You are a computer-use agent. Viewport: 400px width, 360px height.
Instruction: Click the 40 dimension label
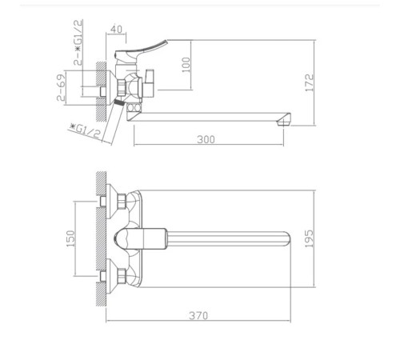116,29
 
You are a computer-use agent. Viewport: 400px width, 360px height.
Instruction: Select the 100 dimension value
186,65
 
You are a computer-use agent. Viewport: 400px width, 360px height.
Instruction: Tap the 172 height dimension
310,82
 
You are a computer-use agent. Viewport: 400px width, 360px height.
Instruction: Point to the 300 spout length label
206,139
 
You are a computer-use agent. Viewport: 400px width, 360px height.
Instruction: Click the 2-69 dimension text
61,87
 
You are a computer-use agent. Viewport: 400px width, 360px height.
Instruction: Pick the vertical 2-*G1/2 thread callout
78,42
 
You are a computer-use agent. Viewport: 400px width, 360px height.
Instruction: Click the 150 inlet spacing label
71,238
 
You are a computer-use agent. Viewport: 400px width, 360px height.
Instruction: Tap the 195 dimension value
310,238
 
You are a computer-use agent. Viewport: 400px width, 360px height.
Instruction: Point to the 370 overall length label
198,315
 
